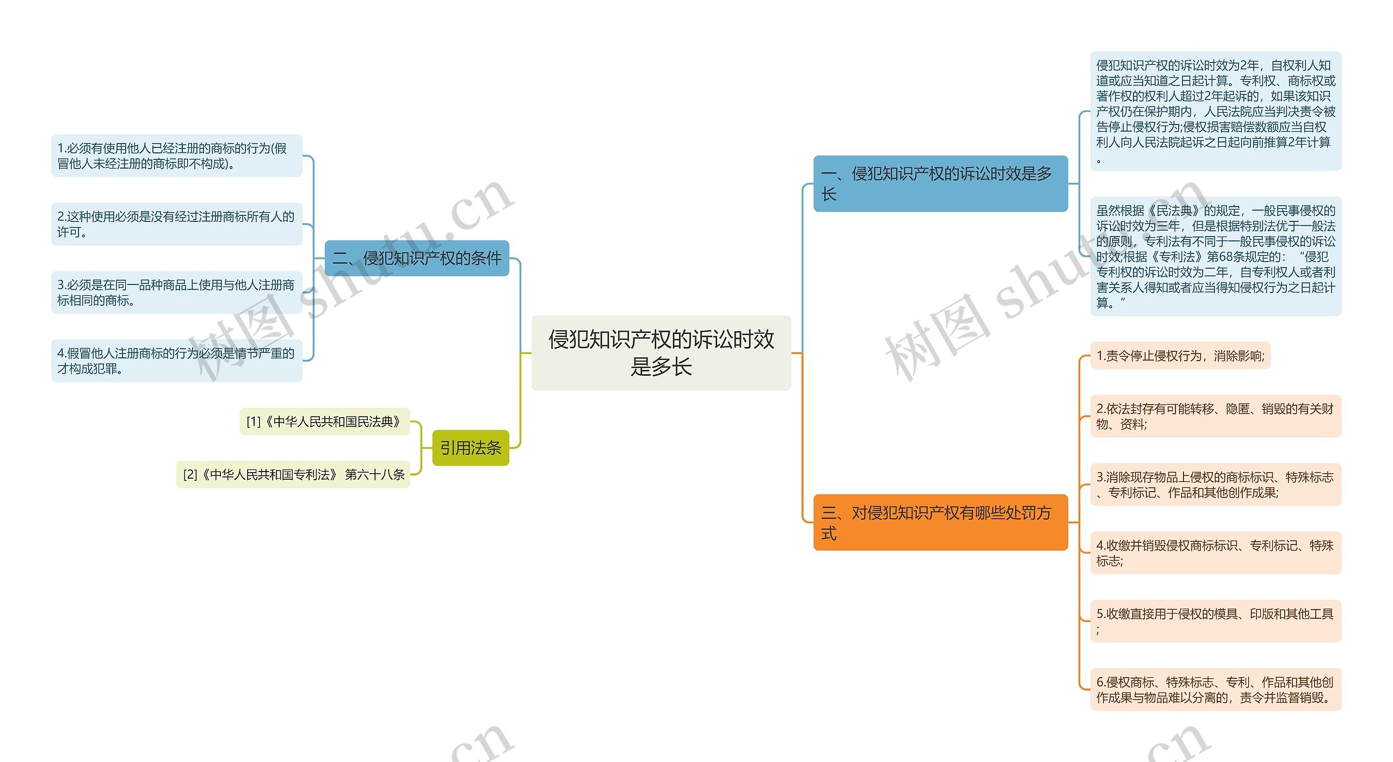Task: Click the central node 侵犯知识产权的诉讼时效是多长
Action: (661, 352)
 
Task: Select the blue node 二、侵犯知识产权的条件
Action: (417, 258)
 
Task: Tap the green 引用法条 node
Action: (470, 448)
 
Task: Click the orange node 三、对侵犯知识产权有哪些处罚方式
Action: (940, 522)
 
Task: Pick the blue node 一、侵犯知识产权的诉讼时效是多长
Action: (940, 183)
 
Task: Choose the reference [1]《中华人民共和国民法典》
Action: (324, 422)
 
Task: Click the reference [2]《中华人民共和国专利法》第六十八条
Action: (293, 475)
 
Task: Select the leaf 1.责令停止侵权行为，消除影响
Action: (1180, 356)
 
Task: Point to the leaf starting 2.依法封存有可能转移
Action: (1215, 416)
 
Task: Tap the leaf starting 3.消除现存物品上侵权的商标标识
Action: (1215, 485)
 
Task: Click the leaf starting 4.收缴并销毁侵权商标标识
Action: (1215, 553)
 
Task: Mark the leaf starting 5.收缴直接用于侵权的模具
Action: (1215, 621)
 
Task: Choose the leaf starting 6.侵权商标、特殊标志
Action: (1215, 690)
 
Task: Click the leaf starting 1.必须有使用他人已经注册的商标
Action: (176, 156)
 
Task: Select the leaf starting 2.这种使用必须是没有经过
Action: (176, 224)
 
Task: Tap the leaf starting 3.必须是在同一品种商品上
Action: (176, 293)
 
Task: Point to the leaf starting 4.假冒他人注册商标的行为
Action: (176, 361)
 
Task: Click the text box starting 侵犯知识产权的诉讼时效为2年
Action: (1215, 111)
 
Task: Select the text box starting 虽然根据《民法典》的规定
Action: (1215, 256)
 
